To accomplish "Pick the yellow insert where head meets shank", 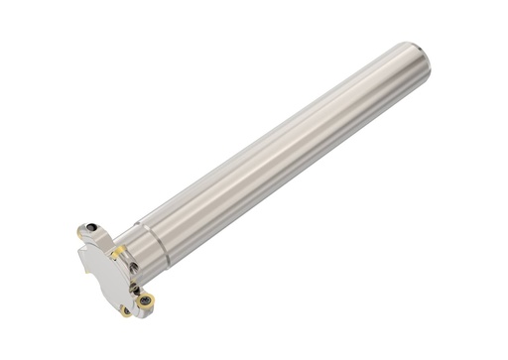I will [118, 253].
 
